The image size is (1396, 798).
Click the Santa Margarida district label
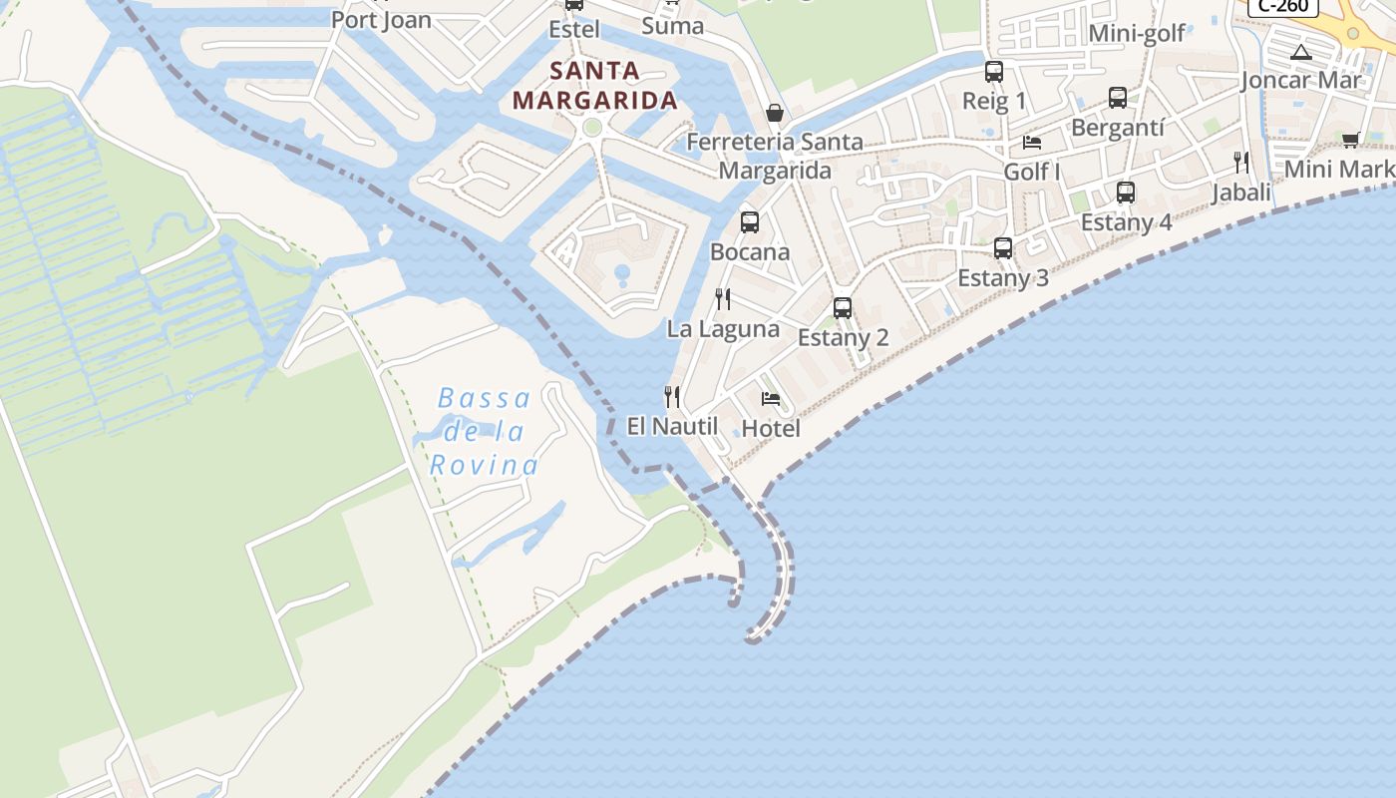tap(594, 85)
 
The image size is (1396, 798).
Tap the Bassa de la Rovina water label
tap(485, 432)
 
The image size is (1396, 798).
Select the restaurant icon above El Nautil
tap(672, 397)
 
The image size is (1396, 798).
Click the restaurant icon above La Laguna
tap(723, 298)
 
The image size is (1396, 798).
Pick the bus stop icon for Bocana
tap(750, 222)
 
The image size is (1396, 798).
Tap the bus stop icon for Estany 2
tap(843, 308)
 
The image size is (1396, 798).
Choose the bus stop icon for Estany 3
tap(1003, 248)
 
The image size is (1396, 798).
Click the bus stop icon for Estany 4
tap(1126, 193)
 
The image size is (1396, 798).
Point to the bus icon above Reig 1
tap(994, 72)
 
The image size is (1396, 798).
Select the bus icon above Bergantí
tap(1118, 98)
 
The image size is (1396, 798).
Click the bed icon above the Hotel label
tap(771, 399)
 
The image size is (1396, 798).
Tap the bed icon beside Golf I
tap(1032, 143)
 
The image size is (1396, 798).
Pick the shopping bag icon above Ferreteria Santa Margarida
tap(774, 113)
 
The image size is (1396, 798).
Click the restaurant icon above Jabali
tap(1241, 162)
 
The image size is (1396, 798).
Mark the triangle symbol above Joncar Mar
tap(1301, 52)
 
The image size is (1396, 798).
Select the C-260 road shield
tap(1283, 6)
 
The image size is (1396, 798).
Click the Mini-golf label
tap(1137, 33)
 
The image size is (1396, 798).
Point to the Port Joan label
tap(381, 19)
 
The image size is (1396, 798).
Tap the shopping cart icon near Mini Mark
tap(1351, 140)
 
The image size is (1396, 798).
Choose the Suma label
tap(673, 25)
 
